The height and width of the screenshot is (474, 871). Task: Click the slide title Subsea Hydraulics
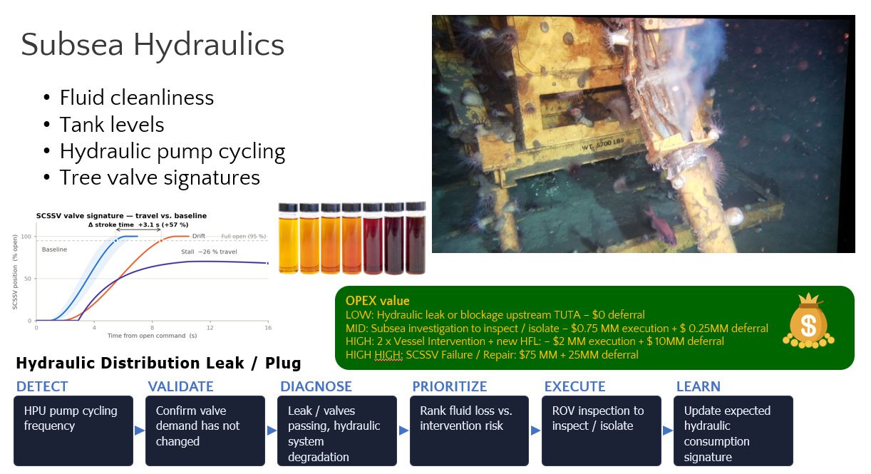click(153, 45)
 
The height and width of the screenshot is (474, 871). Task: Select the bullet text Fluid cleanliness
click(136, 97)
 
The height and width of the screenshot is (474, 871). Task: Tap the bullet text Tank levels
click(112, 125)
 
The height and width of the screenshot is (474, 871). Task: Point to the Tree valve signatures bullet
click(160, 177)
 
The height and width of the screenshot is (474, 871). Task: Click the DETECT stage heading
click(42, 386)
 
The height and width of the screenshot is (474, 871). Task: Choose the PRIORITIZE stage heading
click(450, 386)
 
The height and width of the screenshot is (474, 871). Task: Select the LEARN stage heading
click(699, 386)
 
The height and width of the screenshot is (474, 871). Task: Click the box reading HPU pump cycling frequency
click(73, 431)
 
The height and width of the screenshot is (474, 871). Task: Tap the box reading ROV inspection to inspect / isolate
click(602, 431)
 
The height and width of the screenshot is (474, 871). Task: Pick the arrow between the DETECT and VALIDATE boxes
click(140, 431)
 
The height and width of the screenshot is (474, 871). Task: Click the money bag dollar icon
click(808, 321)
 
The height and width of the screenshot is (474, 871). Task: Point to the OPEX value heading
click(378, 301)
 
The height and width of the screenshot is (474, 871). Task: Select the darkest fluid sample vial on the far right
click(416, 238)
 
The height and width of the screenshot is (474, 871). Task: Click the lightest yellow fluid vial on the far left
click(289, 238)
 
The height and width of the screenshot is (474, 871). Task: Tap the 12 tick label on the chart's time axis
click(210, 328)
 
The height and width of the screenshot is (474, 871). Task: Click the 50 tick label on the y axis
click(27, 279)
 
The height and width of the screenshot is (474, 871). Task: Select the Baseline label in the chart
click(54, 249)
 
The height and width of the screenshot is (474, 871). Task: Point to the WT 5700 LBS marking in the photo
click(602, 144)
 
